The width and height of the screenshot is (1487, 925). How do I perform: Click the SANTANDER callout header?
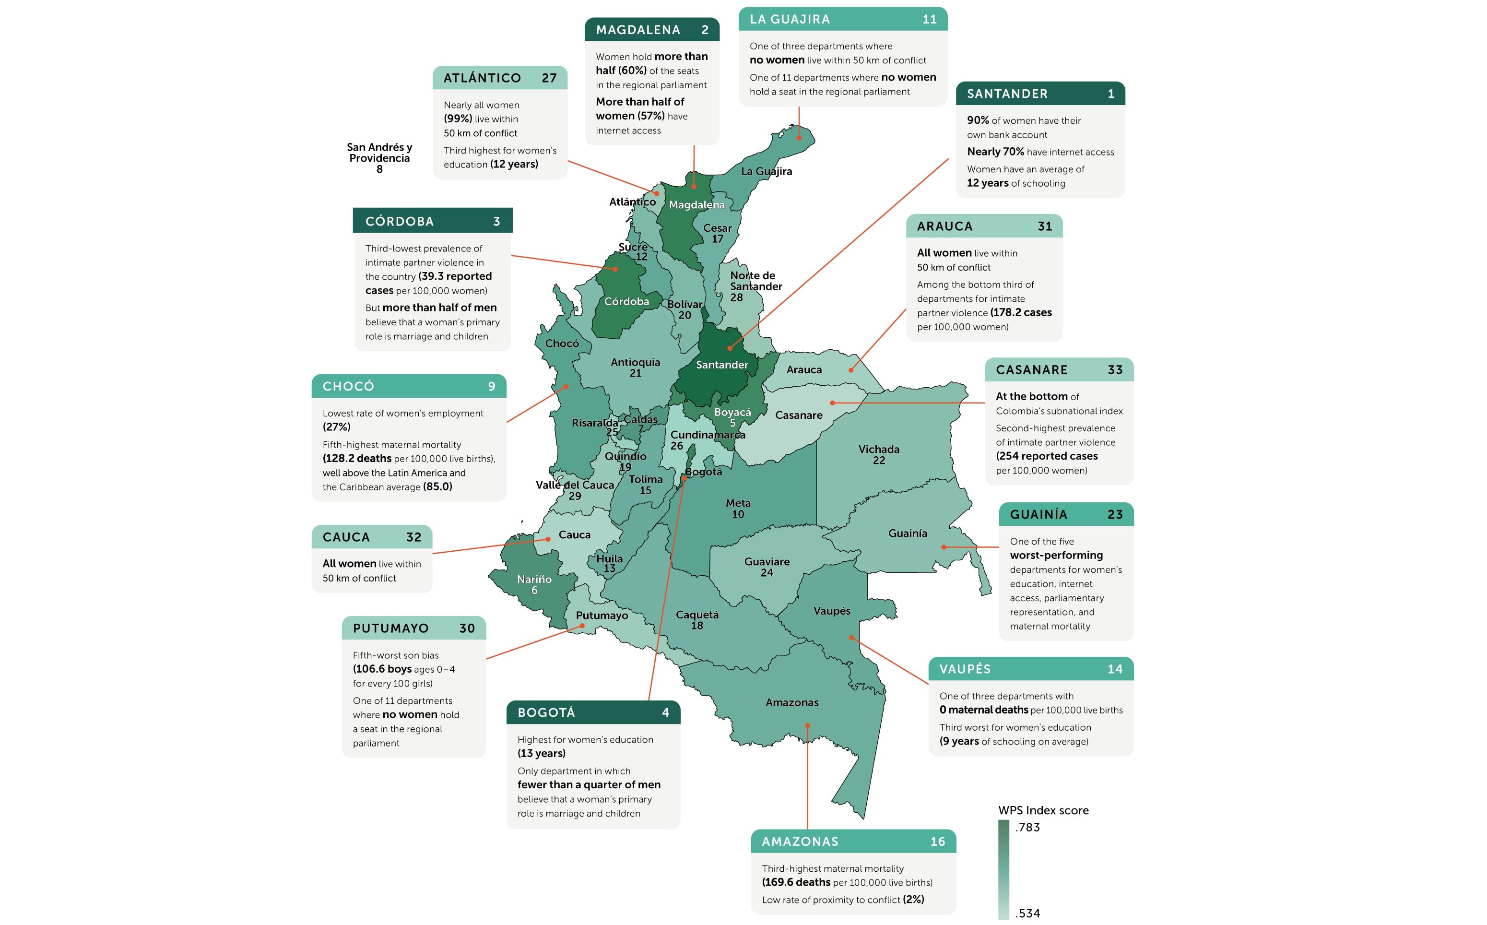point(1039,94)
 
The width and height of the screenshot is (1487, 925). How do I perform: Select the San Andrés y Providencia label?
point(379,157)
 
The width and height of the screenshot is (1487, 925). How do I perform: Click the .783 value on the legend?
point(1027,827)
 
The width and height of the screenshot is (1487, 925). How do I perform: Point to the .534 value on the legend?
point(1027,913)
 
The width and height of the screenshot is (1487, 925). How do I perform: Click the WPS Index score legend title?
point(1043,810)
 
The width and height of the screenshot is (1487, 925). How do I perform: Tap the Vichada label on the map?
point(878,454)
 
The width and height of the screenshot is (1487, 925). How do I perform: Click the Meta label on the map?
point(738,508)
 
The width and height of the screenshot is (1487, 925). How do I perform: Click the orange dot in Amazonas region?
point(807,725)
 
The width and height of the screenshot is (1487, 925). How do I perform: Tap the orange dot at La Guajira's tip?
point(798,138)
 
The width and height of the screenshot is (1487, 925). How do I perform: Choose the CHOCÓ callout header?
point(409,386)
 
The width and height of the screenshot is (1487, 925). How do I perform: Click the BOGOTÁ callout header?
point(593,712)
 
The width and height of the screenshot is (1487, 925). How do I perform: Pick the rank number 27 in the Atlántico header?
point(549,78)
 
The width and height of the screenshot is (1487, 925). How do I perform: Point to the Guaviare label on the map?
point(767,567)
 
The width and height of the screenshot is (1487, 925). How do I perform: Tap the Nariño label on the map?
point(534,583)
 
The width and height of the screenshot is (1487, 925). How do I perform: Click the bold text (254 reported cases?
point(1046,456)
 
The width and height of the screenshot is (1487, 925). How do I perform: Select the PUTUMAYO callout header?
point(413,629)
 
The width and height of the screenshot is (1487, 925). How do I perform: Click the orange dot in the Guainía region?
point(944,547)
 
